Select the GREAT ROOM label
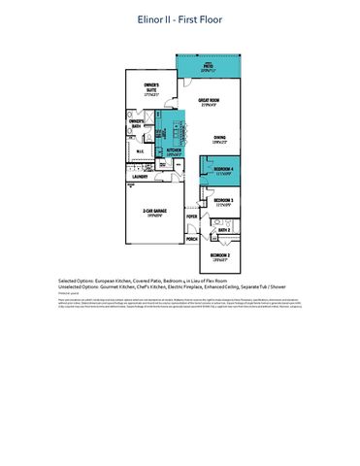(x=208, y=102)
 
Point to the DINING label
(x=219, y=139)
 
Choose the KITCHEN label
(x=175, y=151)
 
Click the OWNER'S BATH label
(x=138, y=122)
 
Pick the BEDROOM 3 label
(x=223, y=202)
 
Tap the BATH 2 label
(x=222, y=230)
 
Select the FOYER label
(x=192, y=218)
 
